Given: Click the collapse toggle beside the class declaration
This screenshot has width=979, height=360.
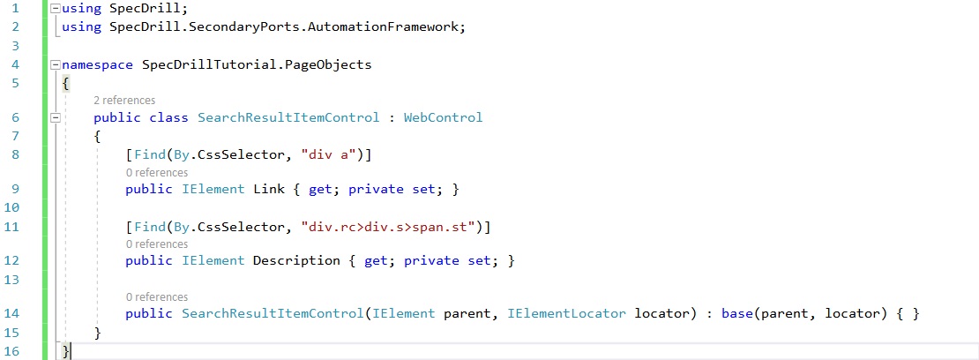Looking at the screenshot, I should [56, 118].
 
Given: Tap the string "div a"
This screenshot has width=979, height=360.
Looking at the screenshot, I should [328, 155].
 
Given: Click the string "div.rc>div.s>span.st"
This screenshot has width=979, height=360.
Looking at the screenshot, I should [389, 228].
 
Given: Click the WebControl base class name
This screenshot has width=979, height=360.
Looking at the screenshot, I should [443, 117].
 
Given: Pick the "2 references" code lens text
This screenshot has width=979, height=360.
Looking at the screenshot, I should [124, 101].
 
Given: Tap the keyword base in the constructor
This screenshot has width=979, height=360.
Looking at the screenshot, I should [743, 313].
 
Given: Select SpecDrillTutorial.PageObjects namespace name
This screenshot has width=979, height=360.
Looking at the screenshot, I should [253, 64].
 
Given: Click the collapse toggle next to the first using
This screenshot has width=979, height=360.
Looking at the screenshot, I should [56, 9].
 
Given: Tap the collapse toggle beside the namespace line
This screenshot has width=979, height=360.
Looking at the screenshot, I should [56, 65].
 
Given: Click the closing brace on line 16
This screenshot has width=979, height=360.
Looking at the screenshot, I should [66, 351].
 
